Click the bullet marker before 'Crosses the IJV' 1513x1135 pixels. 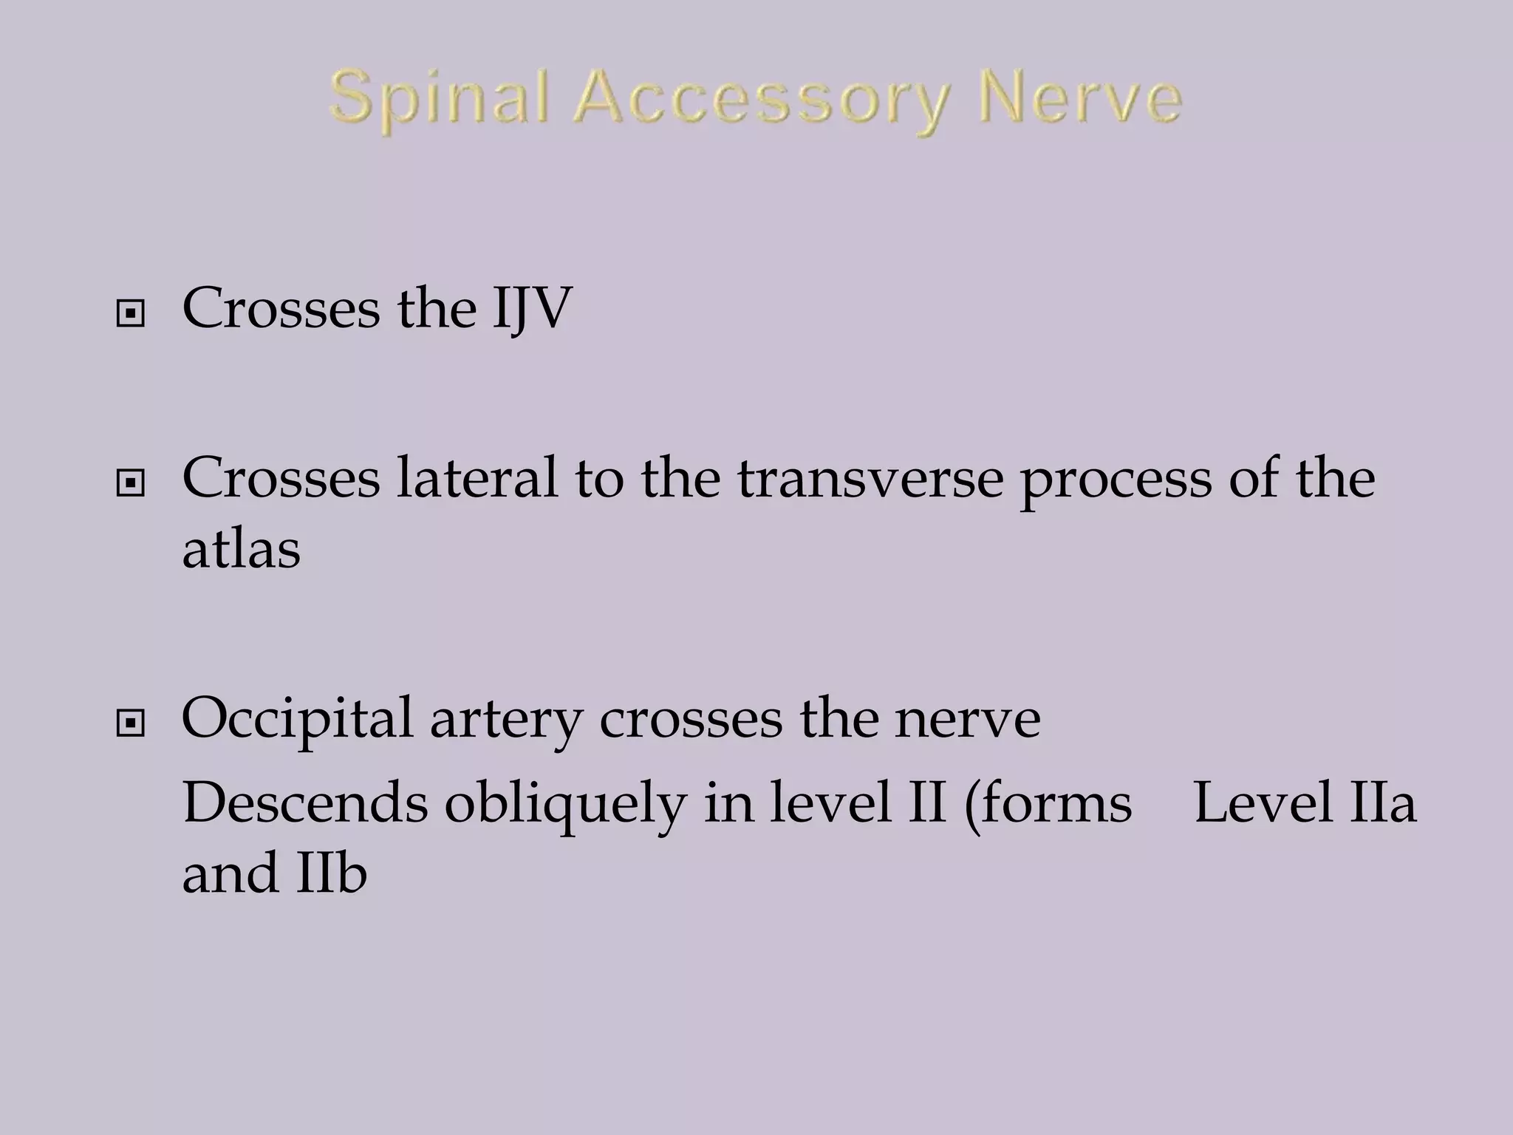coord(131,315)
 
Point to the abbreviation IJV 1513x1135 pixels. coord(533,308)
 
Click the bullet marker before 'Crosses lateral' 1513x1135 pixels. coord(131,484)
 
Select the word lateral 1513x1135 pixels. coord(477,478)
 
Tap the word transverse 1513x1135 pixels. coord(870,478)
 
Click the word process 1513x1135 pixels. coord(1116,481)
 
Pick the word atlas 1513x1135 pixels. coord(241,548)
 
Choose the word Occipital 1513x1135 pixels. coord(297,719)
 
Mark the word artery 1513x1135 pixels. coord(506,720)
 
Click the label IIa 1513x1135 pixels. coord(1381,803)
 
